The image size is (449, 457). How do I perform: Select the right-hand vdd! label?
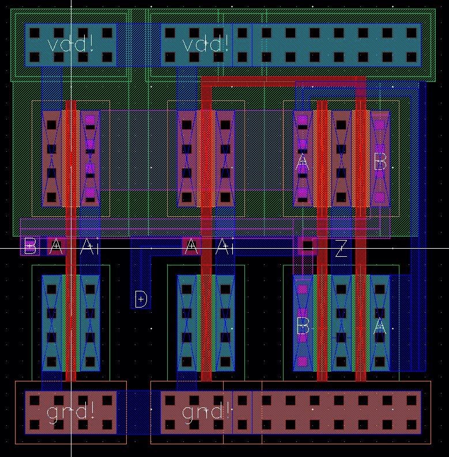click(206, 44)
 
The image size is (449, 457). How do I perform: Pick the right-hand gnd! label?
click(206, 411)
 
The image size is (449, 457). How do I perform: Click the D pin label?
click(141, 299)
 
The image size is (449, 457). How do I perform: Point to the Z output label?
click(341, 249)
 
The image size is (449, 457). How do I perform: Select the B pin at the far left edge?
click(30, 247)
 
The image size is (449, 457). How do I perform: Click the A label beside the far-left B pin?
click(55, 247)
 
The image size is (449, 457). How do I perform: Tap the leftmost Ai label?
click(89, 247)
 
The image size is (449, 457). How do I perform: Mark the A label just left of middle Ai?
click(191, 247)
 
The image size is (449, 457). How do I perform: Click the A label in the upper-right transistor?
click(302, 163)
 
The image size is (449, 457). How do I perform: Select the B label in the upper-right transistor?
click(380, 163)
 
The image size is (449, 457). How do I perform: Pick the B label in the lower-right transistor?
click(302, 327)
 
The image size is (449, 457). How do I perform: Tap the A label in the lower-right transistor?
click(379, 326)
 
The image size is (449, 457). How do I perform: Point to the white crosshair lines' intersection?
click(71, 248)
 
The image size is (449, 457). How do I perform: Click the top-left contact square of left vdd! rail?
click(34, 33)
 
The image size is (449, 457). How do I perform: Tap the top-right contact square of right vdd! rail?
click(411, 33)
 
